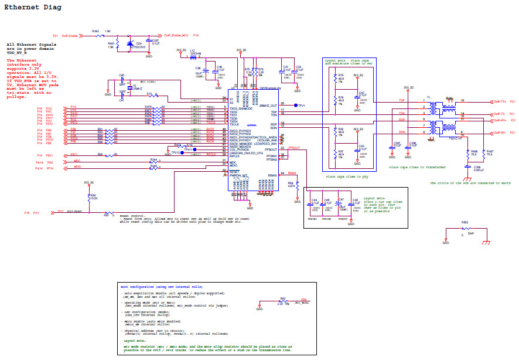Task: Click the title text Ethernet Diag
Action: tap(32, 8)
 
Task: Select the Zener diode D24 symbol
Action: tap(130, 43)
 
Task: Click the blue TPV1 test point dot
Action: tap(296, 106)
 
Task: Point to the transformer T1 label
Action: tap(428, 97)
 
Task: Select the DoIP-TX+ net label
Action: tap(500, 101)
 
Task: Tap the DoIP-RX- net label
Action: tap(500, 133)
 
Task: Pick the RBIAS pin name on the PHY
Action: tap(272, 175)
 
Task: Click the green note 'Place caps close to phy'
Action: tap(346, 176)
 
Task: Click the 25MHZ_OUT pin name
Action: tap(268, 106)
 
